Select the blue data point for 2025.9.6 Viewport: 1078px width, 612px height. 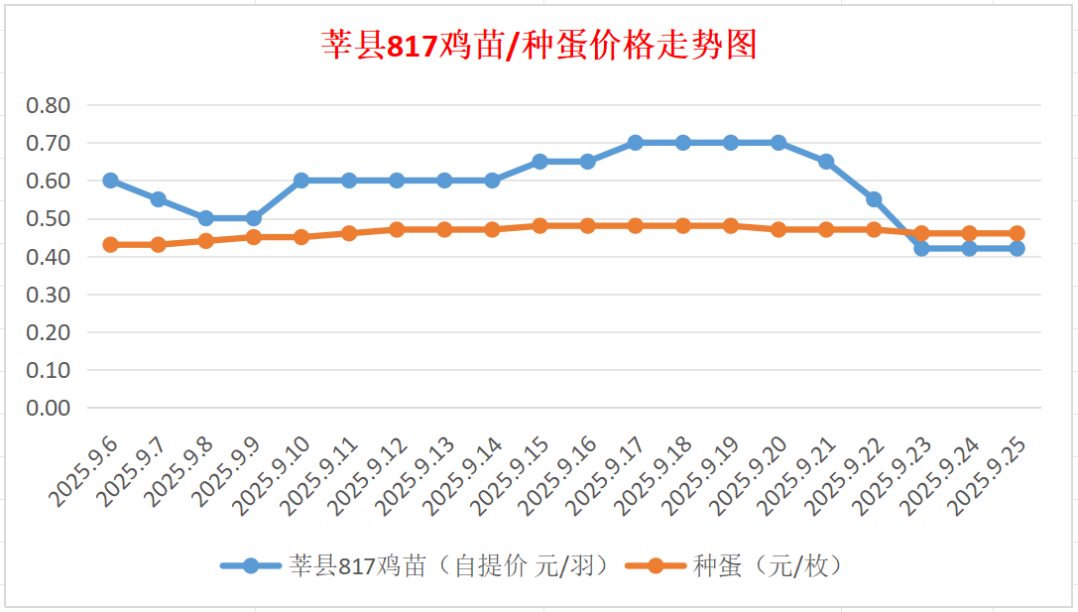point(111,181)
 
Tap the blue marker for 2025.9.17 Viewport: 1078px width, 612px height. point(636,143)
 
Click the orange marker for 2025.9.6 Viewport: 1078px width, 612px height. point(111,245)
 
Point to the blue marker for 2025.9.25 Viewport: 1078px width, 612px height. point(1018,249)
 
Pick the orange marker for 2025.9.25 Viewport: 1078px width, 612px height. point(1018,234)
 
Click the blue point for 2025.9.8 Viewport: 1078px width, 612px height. point(206,218)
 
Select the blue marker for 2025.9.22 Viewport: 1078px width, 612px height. point(874,199)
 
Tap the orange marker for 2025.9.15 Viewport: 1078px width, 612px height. point(540,226)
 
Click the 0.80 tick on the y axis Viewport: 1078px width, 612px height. point(49,105)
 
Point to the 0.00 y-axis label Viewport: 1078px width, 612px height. point(49,408)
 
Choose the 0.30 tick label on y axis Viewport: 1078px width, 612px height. point(49,295)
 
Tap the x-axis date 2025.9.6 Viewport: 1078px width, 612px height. point(85,472)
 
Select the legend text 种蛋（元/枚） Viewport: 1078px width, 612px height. point(769,566)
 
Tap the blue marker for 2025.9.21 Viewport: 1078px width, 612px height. point(826,162)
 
